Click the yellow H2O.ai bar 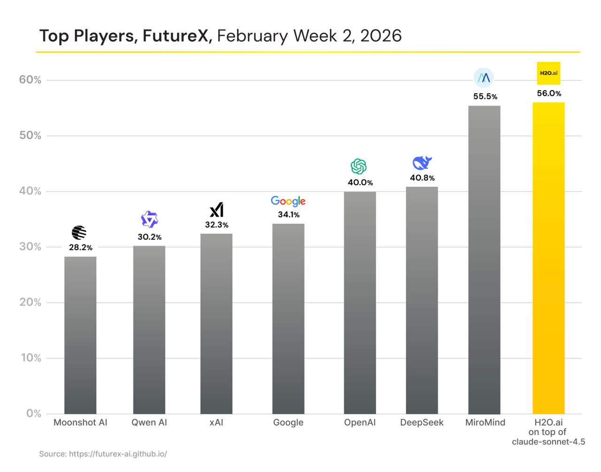[548, 258]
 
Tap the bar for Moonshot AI [80, 335]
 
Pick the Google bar [288, 319]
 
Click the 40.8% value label [422, 178]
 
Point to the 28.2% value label [81, 247]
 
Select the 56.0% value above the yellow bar [549, 93]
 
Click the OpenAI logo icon [359, 167]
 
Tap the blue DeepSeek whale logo [422, 163]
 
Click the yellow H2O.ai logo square [548, 73]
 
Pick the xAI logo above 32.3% [216, 210]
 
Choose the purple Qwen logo [149, 220]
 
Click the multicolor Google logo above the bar [288, 201]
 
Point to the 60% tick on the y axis [30, 80]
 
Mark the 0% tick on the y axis [33, 413]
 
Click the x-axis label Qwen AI [149, 422]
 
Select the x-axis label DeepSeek [422, 422]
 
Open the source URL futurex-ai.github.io [118, 454]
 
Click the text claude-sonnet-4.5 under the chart [548, 442]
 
